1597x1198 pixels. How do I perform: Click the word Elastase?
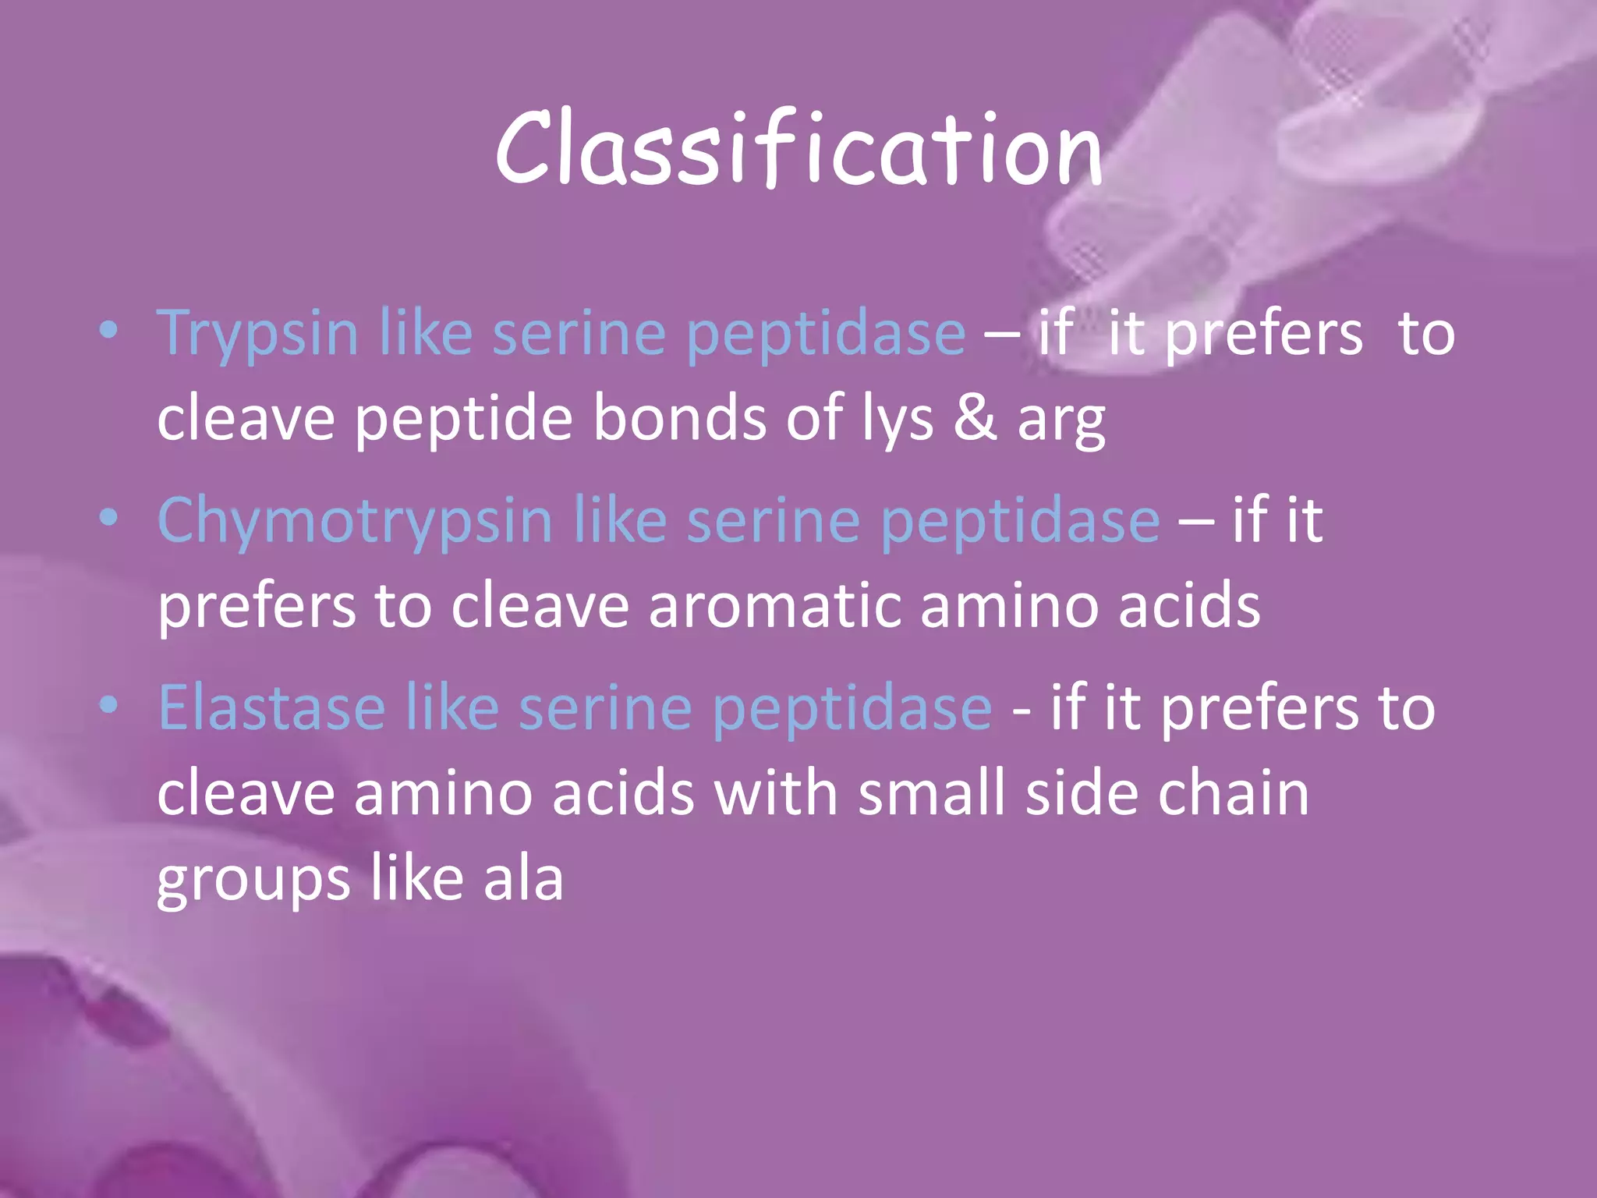tap(272, 708)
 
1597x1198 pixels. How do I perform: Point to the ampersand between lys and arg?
tap(975, 418)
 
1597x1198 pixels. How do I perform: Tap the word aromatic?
tap(774, 606)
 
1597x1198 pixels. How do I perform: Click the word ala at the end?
tap(523, 878)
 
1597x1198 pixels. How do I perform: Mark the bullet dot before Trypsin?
tap(109, 331)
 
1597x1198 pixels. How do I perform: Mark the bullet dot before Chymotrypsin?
tap(109, 519)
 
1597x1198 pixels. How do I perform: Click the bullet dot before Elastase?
tap(109, 706)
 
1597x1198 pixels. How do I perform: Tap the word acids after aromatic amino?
tap(1189, 606)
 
